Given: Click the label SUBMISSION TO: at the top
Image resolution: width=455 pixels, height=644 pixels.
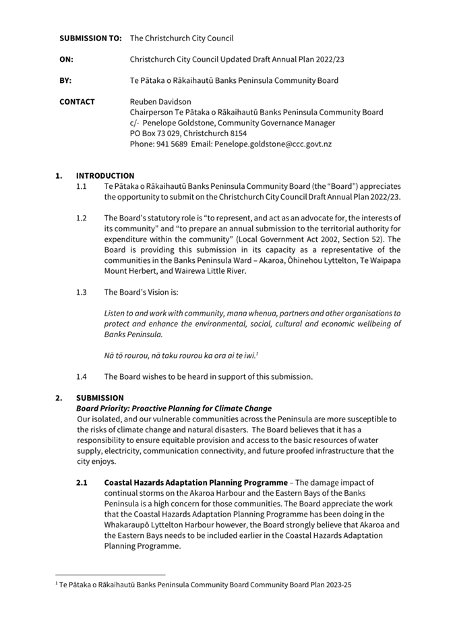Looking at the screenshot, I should (x=90, y=38).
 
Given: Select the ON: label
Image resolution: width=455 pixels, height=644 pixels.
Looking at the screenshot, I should (x=66, y=59).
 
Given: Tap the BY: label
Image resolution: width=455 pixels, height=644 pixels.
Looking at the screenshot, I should (x=65, y=80).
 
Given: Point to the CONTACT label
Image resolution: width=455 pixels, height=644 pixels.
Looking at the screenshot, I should (x=77, y=102).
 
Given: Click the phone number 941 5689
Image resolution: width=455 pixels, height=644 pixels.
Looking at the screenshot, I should (x=175, y=144).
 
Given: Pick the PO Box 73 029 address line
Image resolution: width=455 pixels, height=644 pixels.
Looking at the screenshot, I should (x=188, y=134).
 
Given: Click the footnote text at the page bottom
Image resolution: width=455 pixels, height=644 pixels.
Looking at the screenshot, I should (x=206, y=585).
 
